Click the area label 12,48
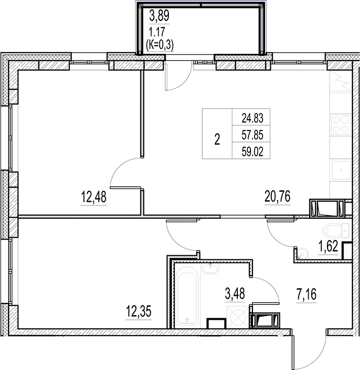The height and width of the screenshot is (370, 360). (x=93, y=196)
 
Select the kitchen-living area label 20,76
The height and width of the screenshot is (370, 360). (x=277, y=196)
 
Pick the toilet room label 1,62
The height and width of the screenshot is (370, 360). (x=327, y=247)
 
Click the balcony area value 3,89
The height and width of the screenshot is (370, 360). (x=159, y=16)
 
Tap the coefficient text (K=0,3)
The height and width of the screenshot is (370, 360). (x=160, y=44)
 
